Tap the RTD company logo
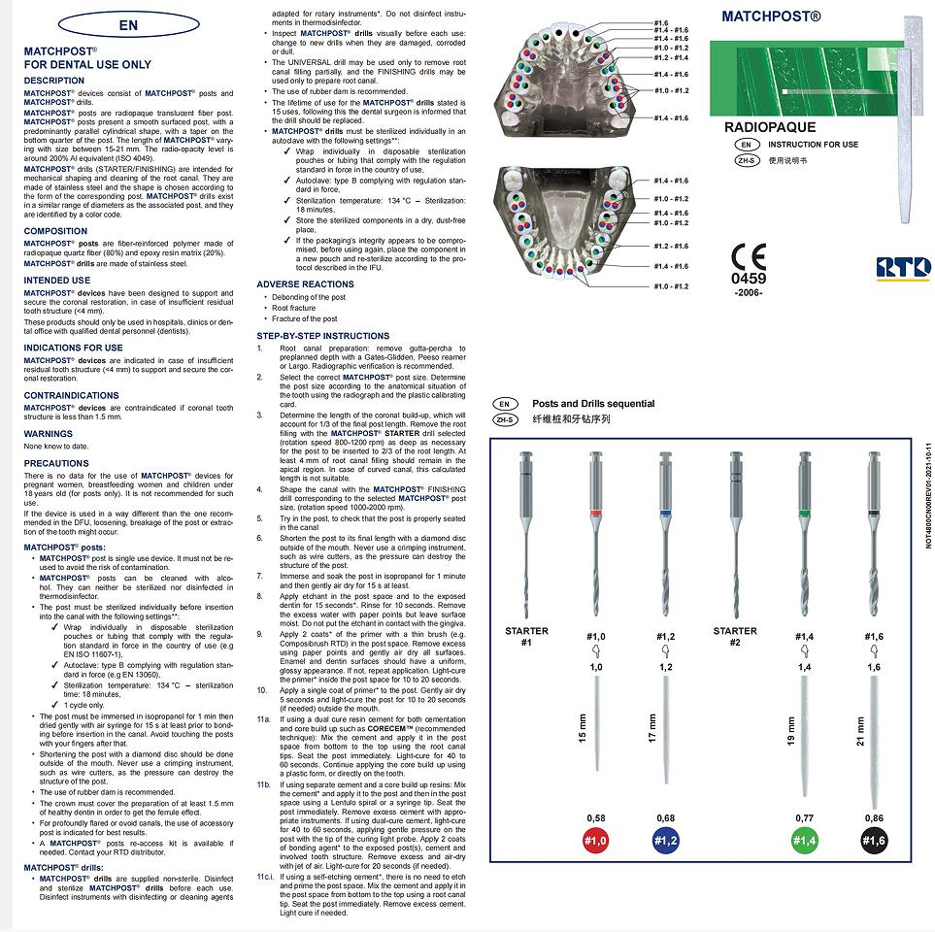click(x=903, y=268)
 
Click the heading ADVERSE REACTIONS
click(x=305, y=284)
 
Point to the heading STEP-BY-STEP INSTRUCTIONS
click(x=322, y=336)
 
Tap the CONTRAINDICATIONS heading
click(x=71, y=396)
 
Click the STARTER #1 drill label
click(x=526, y=637)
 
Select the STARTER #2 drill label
click(x=735, y=637)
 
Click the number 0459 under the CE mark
click(x=748, y=280)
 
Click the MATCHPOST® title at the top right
click(x=772, y=17)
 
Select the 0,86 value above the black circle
click(x=874, y=818)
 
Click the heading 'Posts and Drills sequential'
click(x=592, y=404)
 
